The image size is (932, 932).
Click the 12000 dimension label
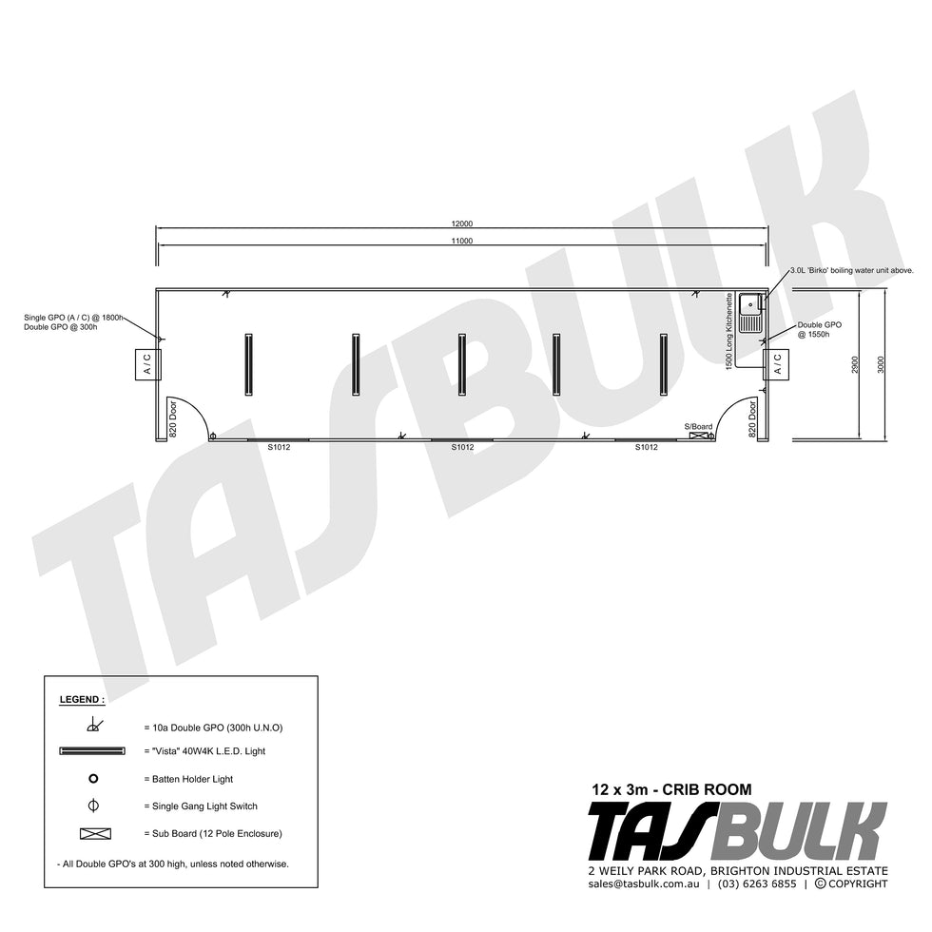(x=462, y=224)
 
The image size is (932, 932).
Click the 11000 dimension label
(x=462, y=241)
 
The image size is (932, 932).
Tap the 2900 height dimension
(x=855, y=365)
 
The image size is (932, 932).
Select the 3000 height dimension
(x=881, y=365)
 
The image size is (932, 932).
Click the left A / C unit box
(x=148, y=363)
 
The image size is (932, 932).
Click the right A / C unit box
(x=776, y=363)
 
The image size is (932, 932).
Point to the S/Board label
(x=698, y=427)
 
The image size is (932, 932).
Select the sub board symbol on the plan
(x=698, y=437)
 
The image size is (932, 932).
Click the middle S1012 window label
(x=462, y=447)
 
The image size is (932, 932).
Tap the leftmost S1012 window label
(x=279, y=447)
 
